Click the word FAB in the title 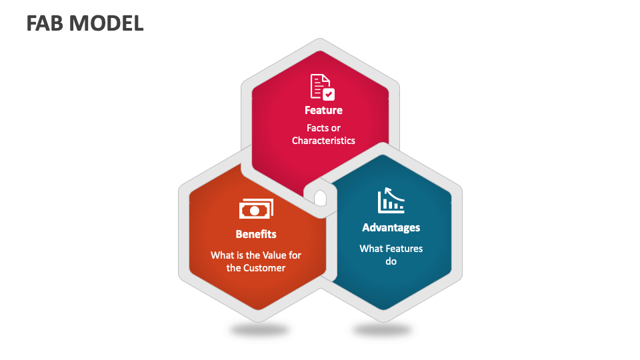tap(45, 23)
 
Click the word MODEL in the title tap(106, 23)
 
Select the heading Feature tap(324, 110)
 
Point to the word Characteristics tap(324, 141)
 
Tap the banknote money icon tap(256, 209)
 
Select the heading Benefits tap(256, 234)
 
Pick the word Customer tap(265, 268)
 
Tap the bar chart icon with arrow tap(391, 201)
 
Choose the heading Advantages tap(391, 228)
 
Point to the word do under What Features tap(391, 261)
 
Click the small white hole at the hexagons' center tap(321, 198)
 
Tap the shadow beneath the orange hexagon tap(259, 329)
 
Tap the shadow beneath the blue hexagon tap(383, 329)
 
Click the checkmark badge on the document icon tap(329, 94)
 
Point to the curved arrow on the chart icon tap(393, 193)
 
